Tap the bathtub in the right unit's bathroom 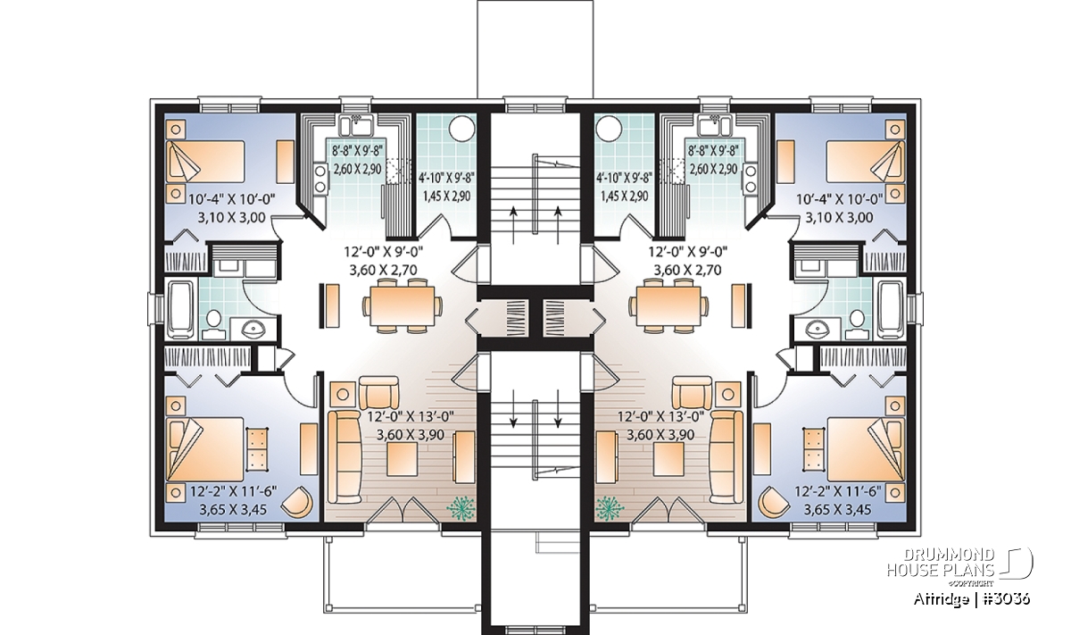[891, 311]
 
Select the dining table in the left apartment [403, 305]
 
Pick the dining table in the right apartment [668, 305]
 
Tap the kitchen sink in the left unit [355, 125]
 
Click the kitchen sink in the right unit [715, 125]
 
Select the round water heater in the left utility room [462, 128]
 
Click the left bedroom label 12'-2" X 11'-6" [233, 491]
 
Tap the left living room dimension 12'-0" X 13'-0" [411, 416]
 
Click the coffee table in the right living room [668, 459]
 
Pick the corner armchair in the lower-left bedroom [297, 502]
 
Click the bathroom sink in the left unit [249, 329]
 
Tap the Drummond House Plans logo [959, 571]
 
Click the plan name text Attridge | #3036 [972, 599]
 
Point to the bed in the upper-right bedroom [866, 162]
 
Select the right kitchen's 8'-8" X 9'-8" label [713, 151]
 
